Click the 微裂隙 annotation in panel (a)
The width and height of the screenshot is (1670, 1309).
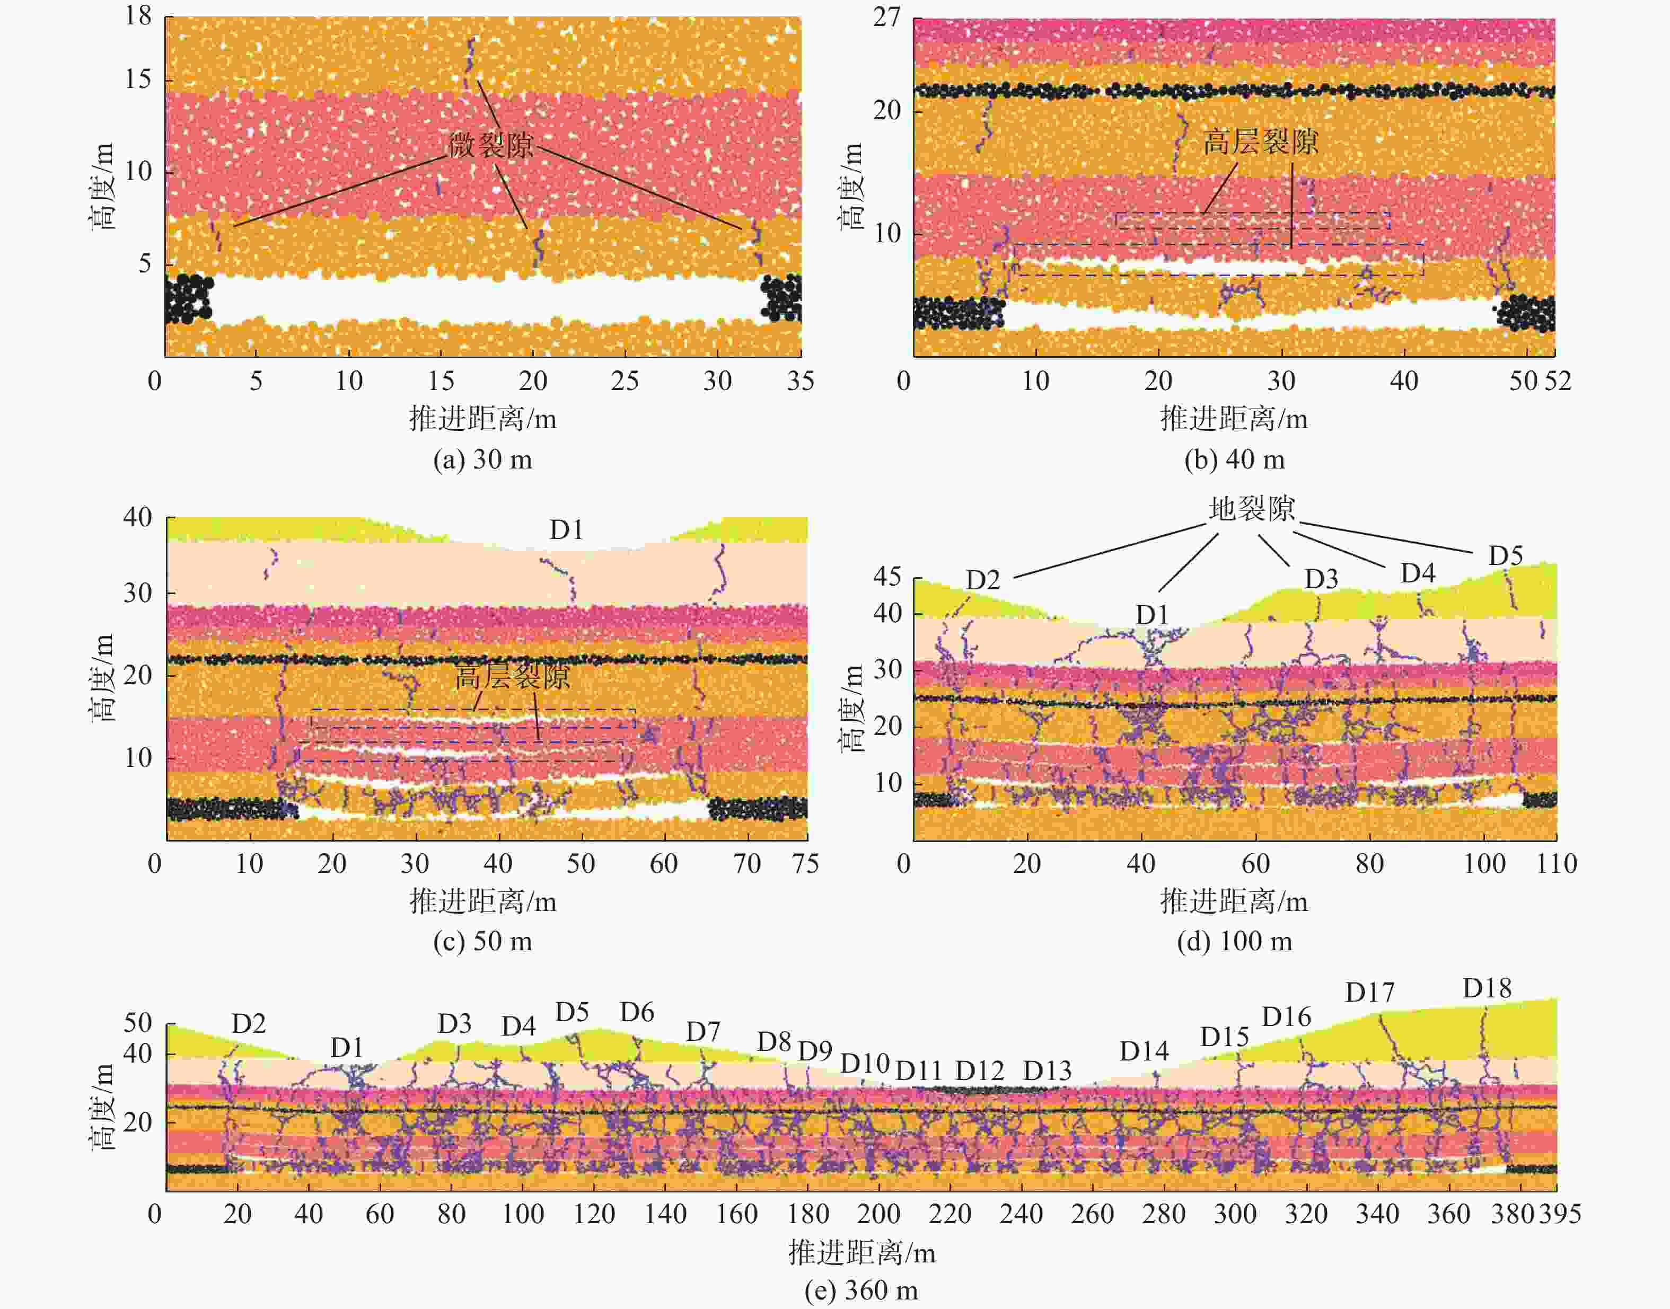point(491,144)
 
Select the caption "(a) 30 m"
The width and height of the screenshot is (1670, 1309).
point(482,460)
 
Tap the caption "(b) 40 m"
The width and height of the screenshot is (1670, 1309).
point(1235,460)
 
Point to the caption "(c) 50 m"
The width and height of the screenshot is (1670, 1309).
point(482,941)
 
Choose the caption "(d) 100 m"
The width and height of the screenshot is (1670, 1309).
point(1235,941)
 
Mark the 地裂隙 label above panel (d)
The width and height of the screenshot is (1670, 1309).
point(1251,509)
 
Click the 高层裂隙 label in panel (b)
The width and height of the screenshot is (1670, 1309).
point(1260,143)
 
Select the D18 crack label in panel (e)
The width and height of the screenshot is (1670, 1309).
point(1487,989)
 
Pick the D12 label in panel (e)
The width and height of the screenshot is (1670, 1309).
point(979,1071)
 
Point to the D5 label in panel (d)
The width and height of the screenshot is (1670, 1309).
point(1505,555)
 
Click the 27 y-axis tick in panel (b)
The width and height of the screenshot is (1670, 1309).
point(887,17)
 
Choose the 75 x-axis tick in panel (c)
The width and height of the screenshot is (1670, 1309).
point(805,864)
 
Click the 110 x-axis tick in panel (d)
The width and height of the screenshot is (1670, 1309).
point(1557,864)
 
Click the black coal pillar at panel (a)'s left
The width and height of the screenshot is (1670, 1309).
point(188,299)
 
